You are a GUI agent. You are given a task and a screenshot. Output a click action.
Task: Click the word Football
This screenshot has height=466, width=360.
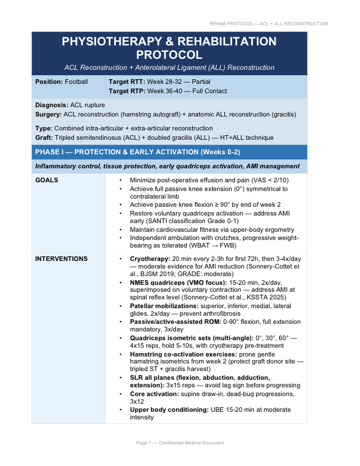point(76,82)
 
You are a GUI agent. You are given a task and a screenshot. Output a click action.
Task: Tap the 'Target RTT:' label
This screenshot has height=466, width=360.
point(127,82)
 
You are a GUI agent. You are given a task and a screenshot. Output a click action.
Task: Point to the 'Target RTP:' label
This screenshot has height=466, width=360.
point(127,91)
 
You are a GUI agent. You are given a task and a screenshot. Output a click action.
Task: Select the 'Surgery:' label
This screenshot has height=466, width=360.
point(49,114)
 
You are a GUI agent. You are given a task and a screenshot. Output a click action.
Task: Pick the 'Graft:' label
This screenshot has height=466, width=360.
point(44,137)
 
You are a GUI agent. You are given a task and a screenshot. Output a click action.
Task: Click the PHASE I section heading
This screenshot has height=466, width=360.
point(137,153)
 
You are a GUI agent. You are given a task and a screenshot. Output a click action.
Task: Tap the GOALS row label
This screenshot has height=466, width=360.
point(47,181)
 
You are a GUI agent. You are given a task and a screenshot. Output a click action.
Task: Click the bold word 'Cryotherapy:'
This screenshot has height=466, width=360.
point(150,259)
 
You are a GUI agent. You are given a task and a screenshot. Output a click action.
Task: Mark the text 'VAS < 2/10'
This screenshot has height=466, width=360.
point(270,181)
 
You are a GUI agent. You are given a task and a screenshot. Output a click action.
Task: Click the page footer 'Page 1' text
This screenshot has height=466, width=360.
point(146,443)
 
